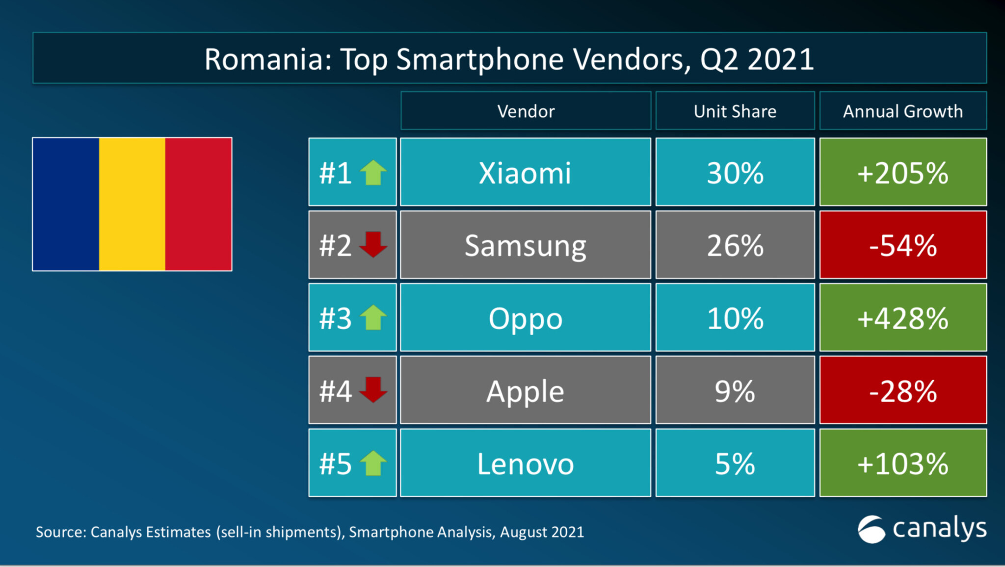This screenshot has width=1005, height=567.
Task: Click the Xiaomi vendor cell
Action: click(525, 173)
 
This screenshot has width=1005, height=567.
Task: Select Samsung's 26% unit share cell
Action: click(735, 245)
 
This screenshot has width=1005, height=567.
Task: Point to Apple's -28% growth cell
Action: click(902, 390)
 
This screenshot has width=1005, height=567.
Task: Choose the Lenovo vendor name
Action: click(525, 464)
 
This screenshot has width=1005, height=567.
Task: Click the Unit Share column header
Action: click(735, 111)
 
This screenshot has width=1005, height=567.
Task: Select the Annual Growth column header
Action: click(902, 111)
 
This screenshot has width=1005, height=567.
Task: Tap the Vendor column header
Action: click(526, 111)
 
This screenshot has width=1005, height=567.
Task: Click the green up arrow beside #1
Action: click(373, 173)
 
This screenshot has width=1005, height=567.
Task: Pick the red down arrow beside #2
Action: click(373, 244)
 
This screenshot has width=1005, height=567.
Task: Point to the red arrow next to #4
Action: click(373, 389)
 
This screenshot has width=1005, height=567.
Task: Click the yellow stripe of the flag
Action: click(132, 204)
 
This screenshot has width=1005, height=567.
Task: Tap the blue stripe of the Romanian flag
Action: click(66, 204)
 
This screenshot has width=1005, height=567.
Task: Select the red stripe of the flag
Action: click(198, 204)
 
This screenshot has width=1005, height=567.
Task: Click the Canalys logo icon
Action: click(872, 530)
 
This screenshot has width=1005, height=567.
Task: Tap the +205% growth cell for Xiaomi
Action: click(902, 173)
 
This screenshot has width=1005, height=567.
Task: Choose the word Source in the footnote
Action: click(61, 532)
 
